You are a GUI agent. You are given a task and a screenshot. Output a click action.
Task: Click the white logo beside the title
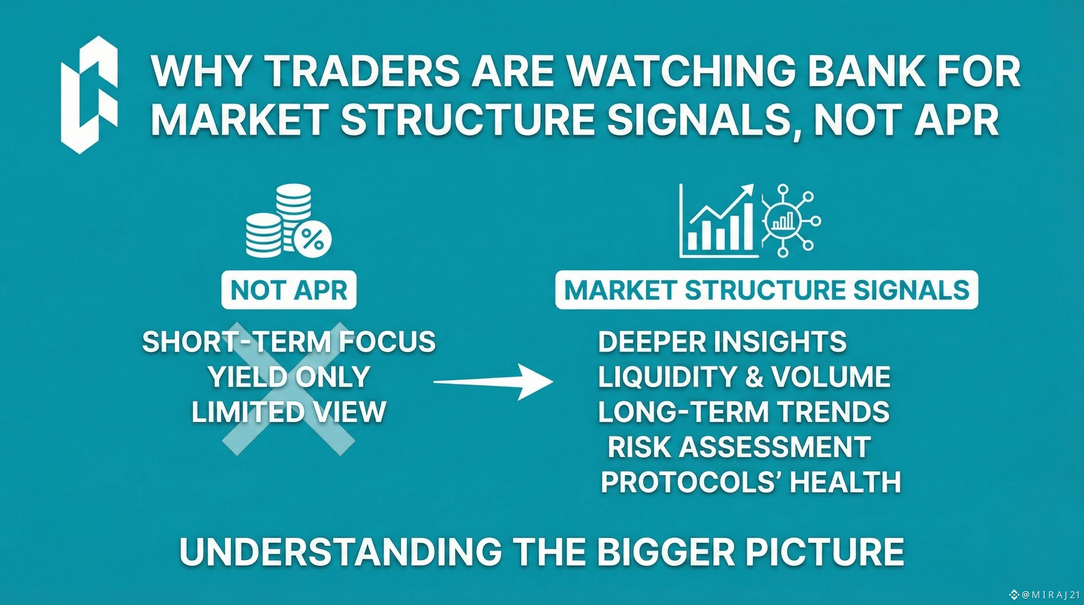click(x=89, y=95)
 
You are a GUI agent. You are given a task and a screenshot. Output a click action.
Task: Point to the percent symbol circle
click(x=313, y=239)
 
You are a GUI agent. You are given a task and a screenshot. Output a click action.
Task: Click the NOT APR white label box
click(x=289, y=290)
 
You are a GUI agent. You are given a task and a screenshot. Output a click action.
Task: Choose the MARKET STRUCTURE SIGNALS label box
click(x=767, y=290)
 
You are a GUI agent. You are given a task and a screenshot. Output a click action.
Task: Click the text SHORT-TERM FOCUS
click(x=289, y=341)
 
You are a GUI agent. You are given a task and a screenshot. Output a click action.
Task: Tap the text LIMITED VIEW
click(x=289, y=412)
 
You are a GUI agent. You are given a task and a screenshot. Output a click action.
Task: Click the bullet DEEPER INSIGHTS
click(x=722, y=341)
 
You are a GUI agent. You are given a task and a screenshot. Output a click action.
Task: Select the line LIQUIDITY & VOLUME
click(x=744, y=377)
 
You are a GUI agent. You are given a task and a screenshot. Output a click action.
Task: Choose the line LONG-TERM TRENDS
click(x=744, y=412)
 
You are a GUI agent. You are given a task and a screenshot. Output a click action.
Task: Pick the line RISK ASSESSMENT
click(x=739, y=446)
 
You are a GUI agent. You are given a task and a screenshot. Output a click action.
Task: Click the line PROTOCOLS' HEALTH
click(x=751, y=481)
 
